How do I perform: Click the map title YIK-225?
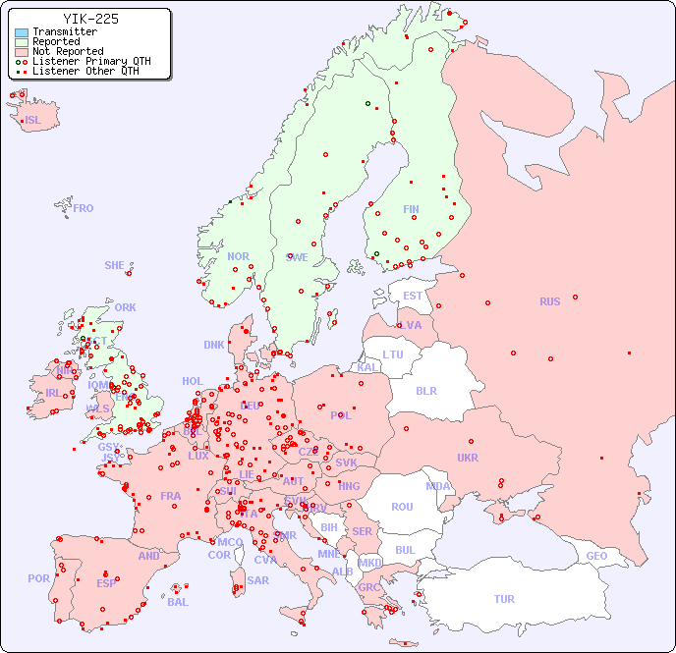[90, 19]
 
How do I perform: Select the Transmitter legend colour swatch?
[22, 32]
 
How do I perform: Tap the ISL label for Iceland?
[33, 121]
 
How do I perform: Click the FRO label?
[84, 208]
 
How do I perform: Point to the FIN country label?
[411, 209]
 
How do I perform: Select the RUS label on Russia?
[549, 301]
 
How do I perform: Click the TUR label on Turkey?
[504, 599]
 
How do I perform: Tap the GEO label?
[596, 556]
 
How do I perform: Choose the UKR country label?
[468, 458]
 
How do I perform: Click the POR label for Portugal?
[38, 578]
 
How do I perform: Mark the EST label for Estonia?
[413, 296]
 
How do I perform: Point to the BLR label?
[425, 390]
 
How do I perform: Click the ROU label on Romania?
[402, 507]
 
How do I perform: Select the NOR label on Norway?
[238, 256]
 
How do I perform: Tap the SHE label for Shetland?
[115, 265]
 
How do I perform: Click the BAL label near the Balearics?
[178, 602]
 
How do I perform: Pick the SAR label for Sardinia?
[257, 580]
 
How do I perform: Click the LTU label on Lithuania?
[393, 354]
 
